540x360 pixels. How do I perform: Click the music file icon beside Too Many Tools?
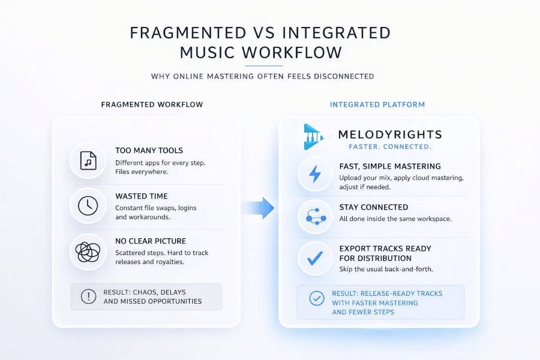[88, 161]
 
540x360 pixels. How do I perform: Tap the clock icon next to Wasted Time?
[88, 206]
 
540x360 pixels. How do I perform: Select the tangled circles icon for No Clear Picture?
[88, 251]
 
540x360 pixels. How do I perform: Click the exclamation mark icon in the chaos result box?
[88, 296]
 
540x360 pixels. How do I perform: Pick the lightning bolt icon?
[315, 174]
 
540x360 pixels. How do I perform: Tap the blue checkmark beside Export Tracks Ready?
[315, 259]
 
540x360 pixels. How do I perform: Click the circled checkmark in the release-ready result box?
[316, 298]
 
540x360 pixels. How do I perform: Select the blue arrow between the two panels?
[258, 208]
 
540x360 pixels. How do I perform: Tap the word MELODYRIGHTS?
[389, 135]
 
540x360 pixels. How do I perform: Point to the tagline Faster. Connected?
[389, 147]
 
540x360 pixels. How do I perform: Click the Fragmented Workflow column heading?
[152, 104]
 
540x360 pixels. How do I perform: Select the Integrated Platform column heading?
[377, 104]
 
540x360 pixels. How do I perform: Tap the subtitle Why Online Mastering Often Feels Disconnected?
[262, 76]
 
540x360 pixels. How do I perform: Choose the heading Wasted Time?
[141, 196]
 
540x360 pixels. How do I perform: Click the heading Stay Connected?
[373, 208]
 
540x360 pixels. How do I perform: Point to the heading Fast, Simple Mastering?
[389, 166]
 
